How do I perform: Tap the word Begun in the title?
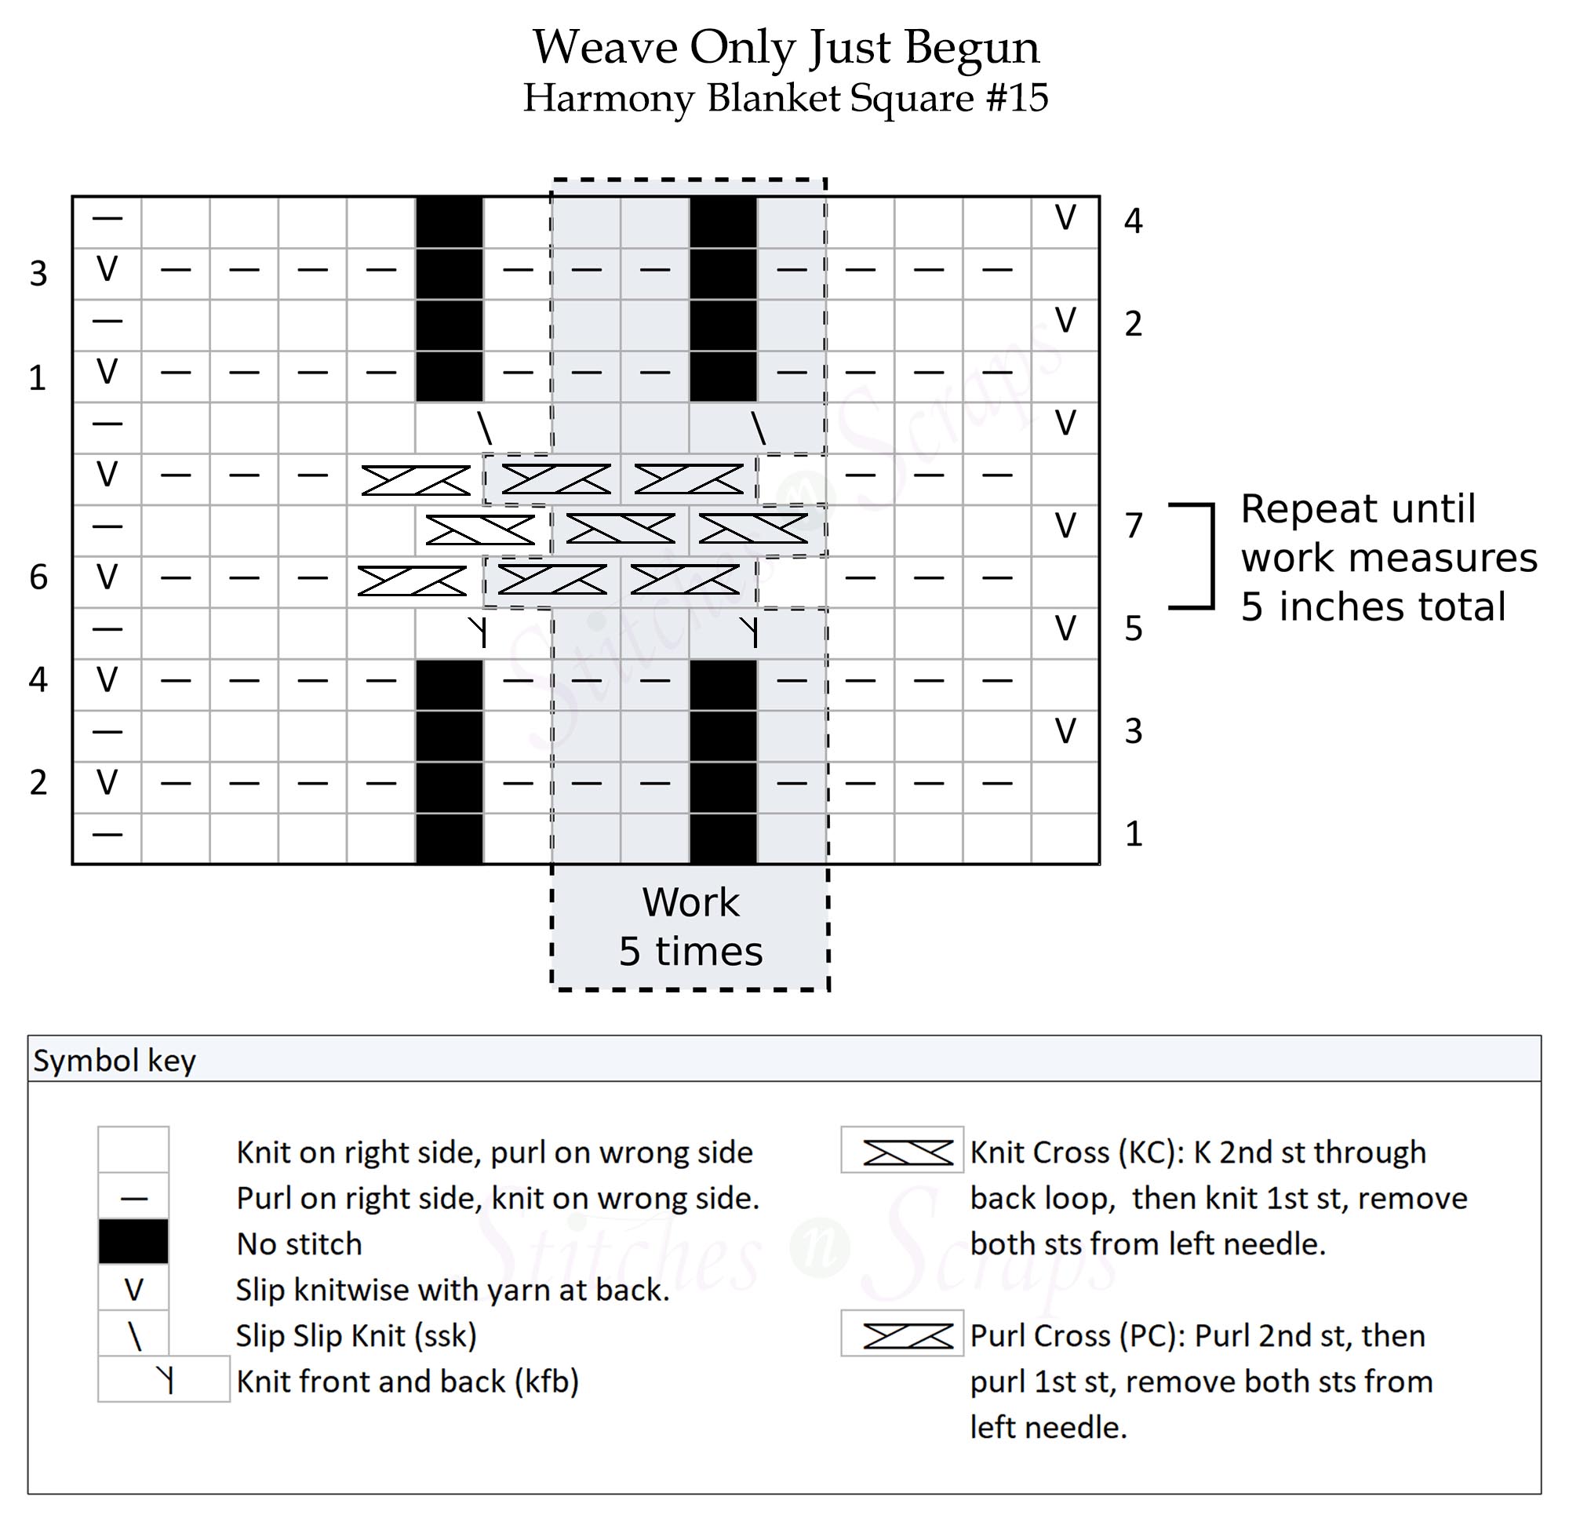pos(972,48)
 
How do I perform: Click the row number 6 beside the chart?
pos(38,577)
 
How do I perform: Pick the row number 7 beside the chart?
pos(1133,526)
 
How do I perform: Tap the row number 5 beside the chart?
pos(1133,628)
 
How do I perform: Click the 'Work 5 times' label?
pos(690,927)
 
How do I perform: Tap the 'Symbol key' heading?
pos(115,1061)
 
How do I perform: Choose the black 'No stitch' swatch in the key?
pos(133,1242)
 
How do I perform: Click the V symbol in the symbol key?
pos(133,1289)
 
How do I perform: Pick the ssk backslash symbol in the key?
pos(134,1335)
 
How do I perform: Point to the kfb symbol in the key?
pos(165,1380)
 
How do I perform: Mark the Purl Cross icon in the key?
pos(907,1335)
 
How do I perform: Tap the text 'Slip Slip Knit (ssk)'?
pos(356,1335)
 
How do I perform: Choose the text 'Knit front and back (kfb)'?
pos(406,1381)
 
